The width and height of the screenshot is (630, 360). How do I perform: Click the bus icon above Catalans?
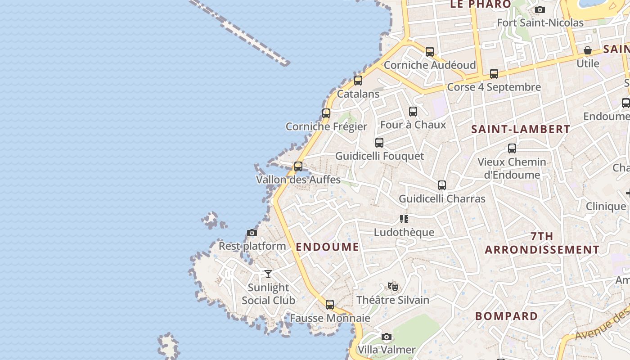pyautogui.click(x=358, y=81)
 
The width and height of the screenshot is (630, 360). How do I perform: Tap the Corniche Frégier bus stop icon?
pyautogui.click(x=326, y=113)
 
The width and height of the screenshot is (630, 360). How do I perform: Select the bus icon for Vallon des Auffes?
pyautogui.click(x=298, y=166)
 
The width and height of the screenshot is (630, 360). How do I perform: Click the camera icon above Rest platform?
pyautogui.click(x=252, y=233)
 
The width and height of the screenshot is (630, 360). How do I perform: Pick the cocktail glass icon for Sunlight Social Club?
pyautogui.click(x=268, y=274)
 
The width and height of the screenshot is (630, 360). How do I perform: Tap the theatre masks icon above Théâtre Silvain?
pyautogui.click(x=393, y=286)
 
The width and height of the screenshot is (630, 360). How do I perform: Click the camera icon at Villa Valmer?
pyautogui.click(x=386, y=337)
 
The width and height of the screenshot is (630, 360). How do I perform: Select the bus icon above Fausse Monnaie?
pyautogui.click(x=330, y=304)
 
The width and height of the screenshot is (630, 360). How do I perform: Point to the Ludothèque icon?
pyautogui.click(x=404, y=219)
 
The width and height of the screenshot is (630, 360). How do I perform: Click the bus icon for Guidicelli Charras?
pyautogui.click(x=442, y=185)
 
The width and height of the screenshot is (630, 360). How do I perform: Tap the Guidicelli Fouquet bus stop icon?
pyautogui.click(x=379, y=142)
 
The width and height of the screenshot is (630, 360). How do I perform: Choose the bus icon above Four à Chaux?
pyautogui.click(x=413, y=111)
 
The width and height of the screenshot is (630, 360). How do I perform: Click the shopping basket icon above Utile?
pyautogui.click(x=588, y=50)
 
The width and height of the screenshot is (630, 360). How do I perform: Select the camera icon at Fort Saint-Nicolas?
pyautogui.click(x=540, y=9)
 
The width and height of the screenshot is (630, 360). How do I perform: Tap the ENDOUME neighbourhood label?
pyautogui.click(x=328, y=247)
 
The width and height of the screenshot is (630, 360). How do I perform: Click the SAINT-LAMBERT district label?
pyautogui.click(x=521, y=129)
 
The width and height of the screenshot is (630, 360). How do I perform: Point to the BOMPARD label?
pyautogui.click(x=506, y=316)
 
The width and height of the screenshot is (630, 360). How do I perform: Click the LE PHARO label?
pyautogui.click(x=481, y=4)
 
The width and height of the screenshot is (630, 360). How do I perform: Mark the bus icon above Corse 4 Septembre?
pyautogui.click(x=494, y=73)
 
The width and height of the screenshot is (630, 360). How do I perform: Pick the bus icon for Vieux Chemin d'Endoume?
pyautogui.click(x=512, y=148)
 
